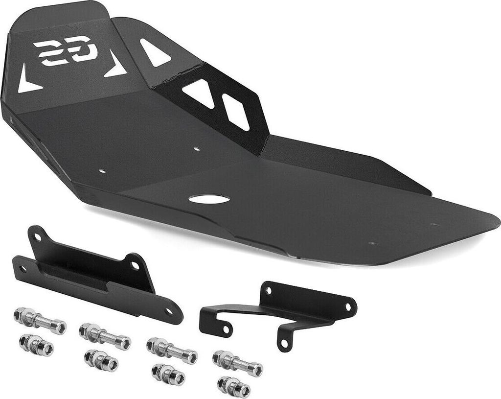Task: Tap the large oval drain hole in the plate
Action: tap(209, 199)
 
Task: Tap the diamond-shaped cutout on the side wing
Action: tap(236, 112)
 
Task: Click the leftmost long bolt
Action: tap(40, 320)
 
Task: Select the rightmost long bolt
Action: tap(238, 363)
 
